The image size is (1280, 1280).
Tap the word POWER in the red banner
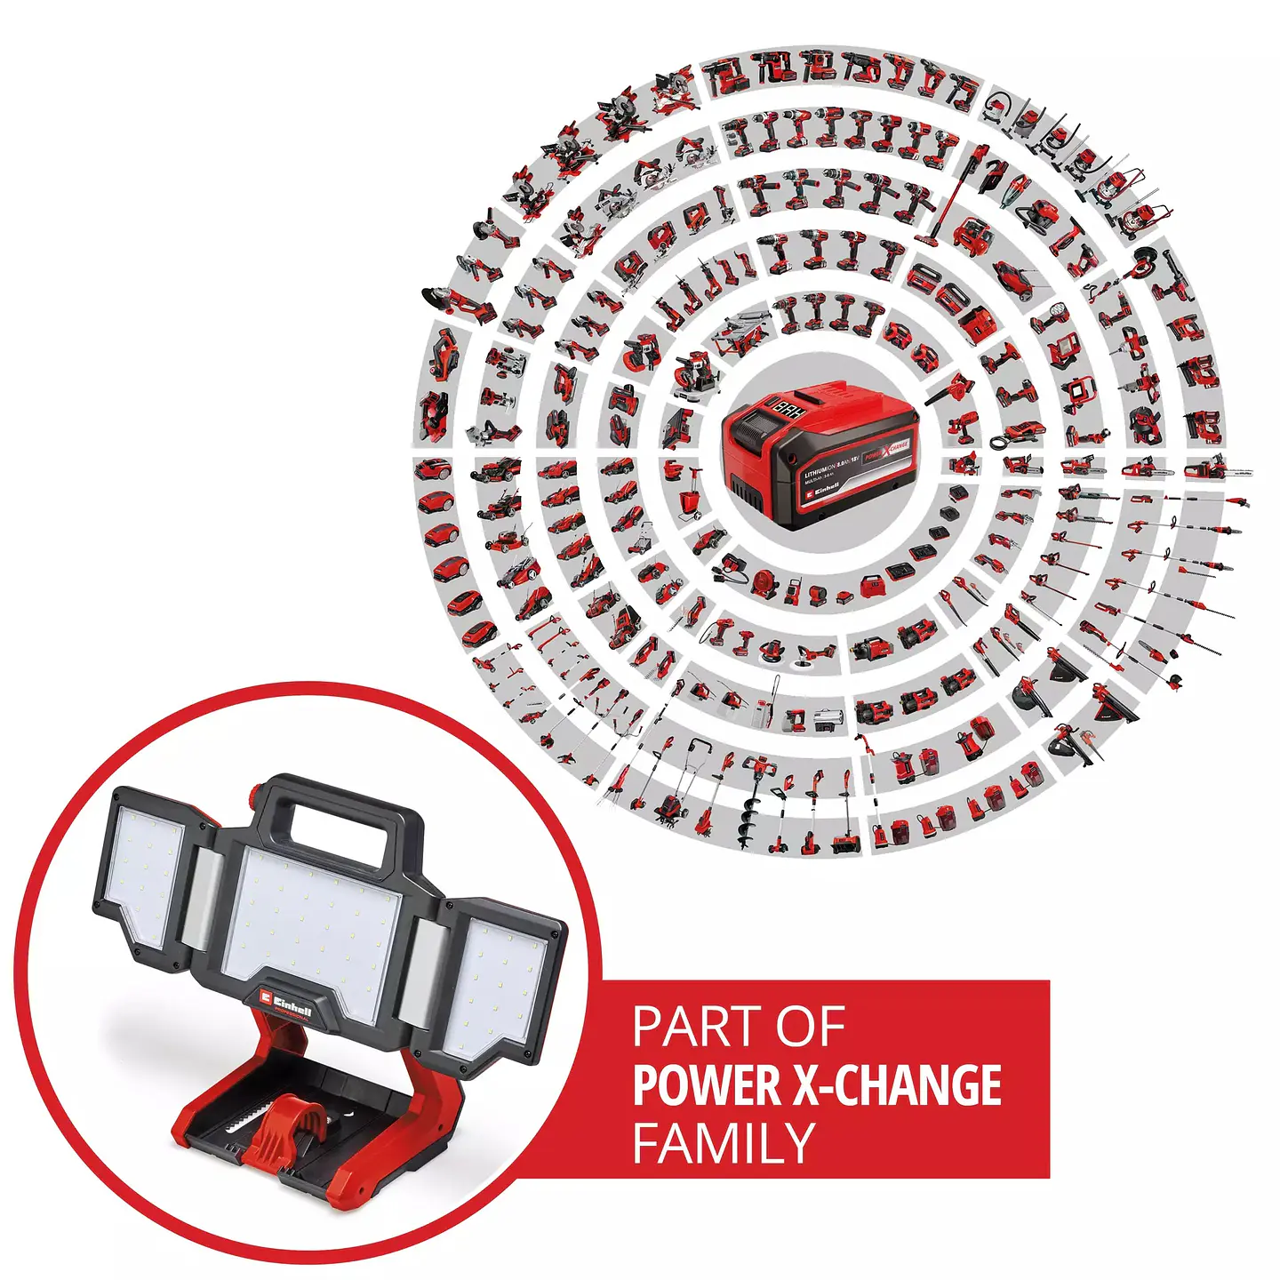[705, 1085]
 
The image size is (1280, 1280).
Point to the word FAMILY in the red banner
[724, 1143]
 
